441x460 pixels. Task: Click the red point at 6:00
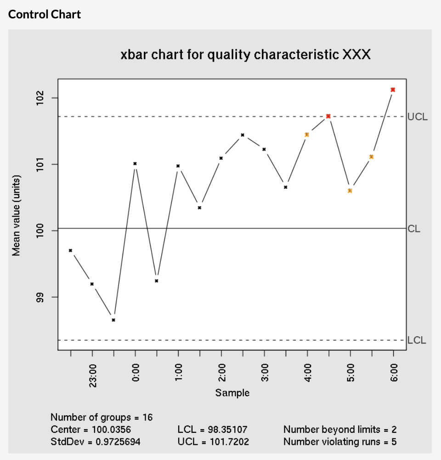pyautogui.click(x=393, y=90)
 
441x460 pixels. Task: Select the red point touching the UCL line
pyautogui.click(x=328, y=116)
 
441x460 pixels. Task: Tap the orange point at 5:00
pyautogui.click(x=350, y=190)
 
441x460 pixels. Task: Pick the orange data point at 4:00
pyautogui.click(x=307, y=135)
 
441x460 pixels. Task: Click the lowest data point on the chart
pyautogui.click(x=113, y=320)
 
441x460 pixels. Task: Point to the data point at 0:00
pyautogui.click(x=135, y=163)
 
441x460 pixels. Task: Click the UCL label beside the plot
pyautogui.click(x=417, y=117)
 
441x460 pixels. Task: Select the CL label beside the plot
pyautogui.click(x=414, y=229)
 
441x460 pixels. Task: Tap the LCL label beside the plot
pyautogui.click(x=417, y=340)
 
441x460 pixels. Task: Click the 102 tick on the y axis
pyautogui.click(x=40, y=98)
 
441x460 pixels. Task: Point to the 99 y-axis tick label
pyautogui.click(x=40, y=297)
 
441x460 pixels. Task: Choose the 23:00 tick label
pyautogui.click(x=92, y=376)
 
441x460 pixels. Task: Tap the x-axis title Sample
pyautogui.click(x=232, y=393)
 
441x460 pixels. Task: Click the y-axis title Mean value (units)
pyautogui.click(x=17, y=215)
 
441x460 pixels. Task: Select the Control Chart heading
pyautogui.click(x=45, y=14)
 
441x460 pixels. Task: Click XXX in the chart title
pyautogui.click(x=356, y=55)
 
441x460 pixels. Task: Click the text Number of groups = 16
pyautogui.click(x=102, y=418)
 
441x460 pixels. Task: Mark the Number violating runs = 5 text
pyautogui.click(x=340, y=442)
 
